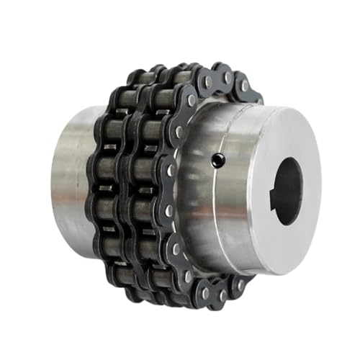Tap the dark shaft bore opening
pyautogui.click(x=287, y=191)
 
